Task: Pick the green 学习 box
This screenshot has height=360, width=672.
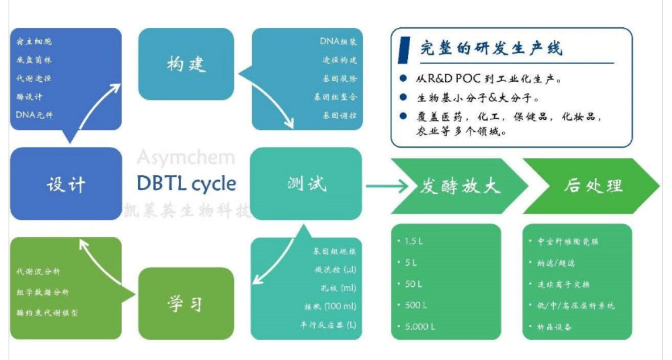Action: (186, 304)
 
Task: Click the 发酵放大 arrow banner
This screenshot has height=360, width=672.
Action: (460, 186)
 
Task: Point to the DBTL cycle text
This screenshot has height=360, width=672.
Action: (186, 183)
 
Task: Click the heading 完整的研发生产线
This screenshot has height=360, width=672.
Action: (491, 48)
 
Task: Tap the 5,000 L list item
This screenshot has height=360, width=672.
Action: (419, 326)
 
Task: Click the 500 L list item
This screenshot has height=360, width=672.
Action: (416, 305)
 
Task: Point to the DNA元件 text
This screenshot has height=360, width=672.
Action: (34, 115)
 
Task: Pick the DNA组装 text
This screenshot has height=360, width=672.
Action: (338, 41)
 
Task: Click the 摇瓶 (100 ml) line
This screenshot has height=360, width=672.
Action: (330, 307)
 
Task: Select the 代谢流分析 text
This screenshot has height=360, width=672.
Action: (39, 272)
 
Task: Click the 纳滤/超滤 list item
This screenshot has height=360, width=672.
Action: (556, 263)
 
